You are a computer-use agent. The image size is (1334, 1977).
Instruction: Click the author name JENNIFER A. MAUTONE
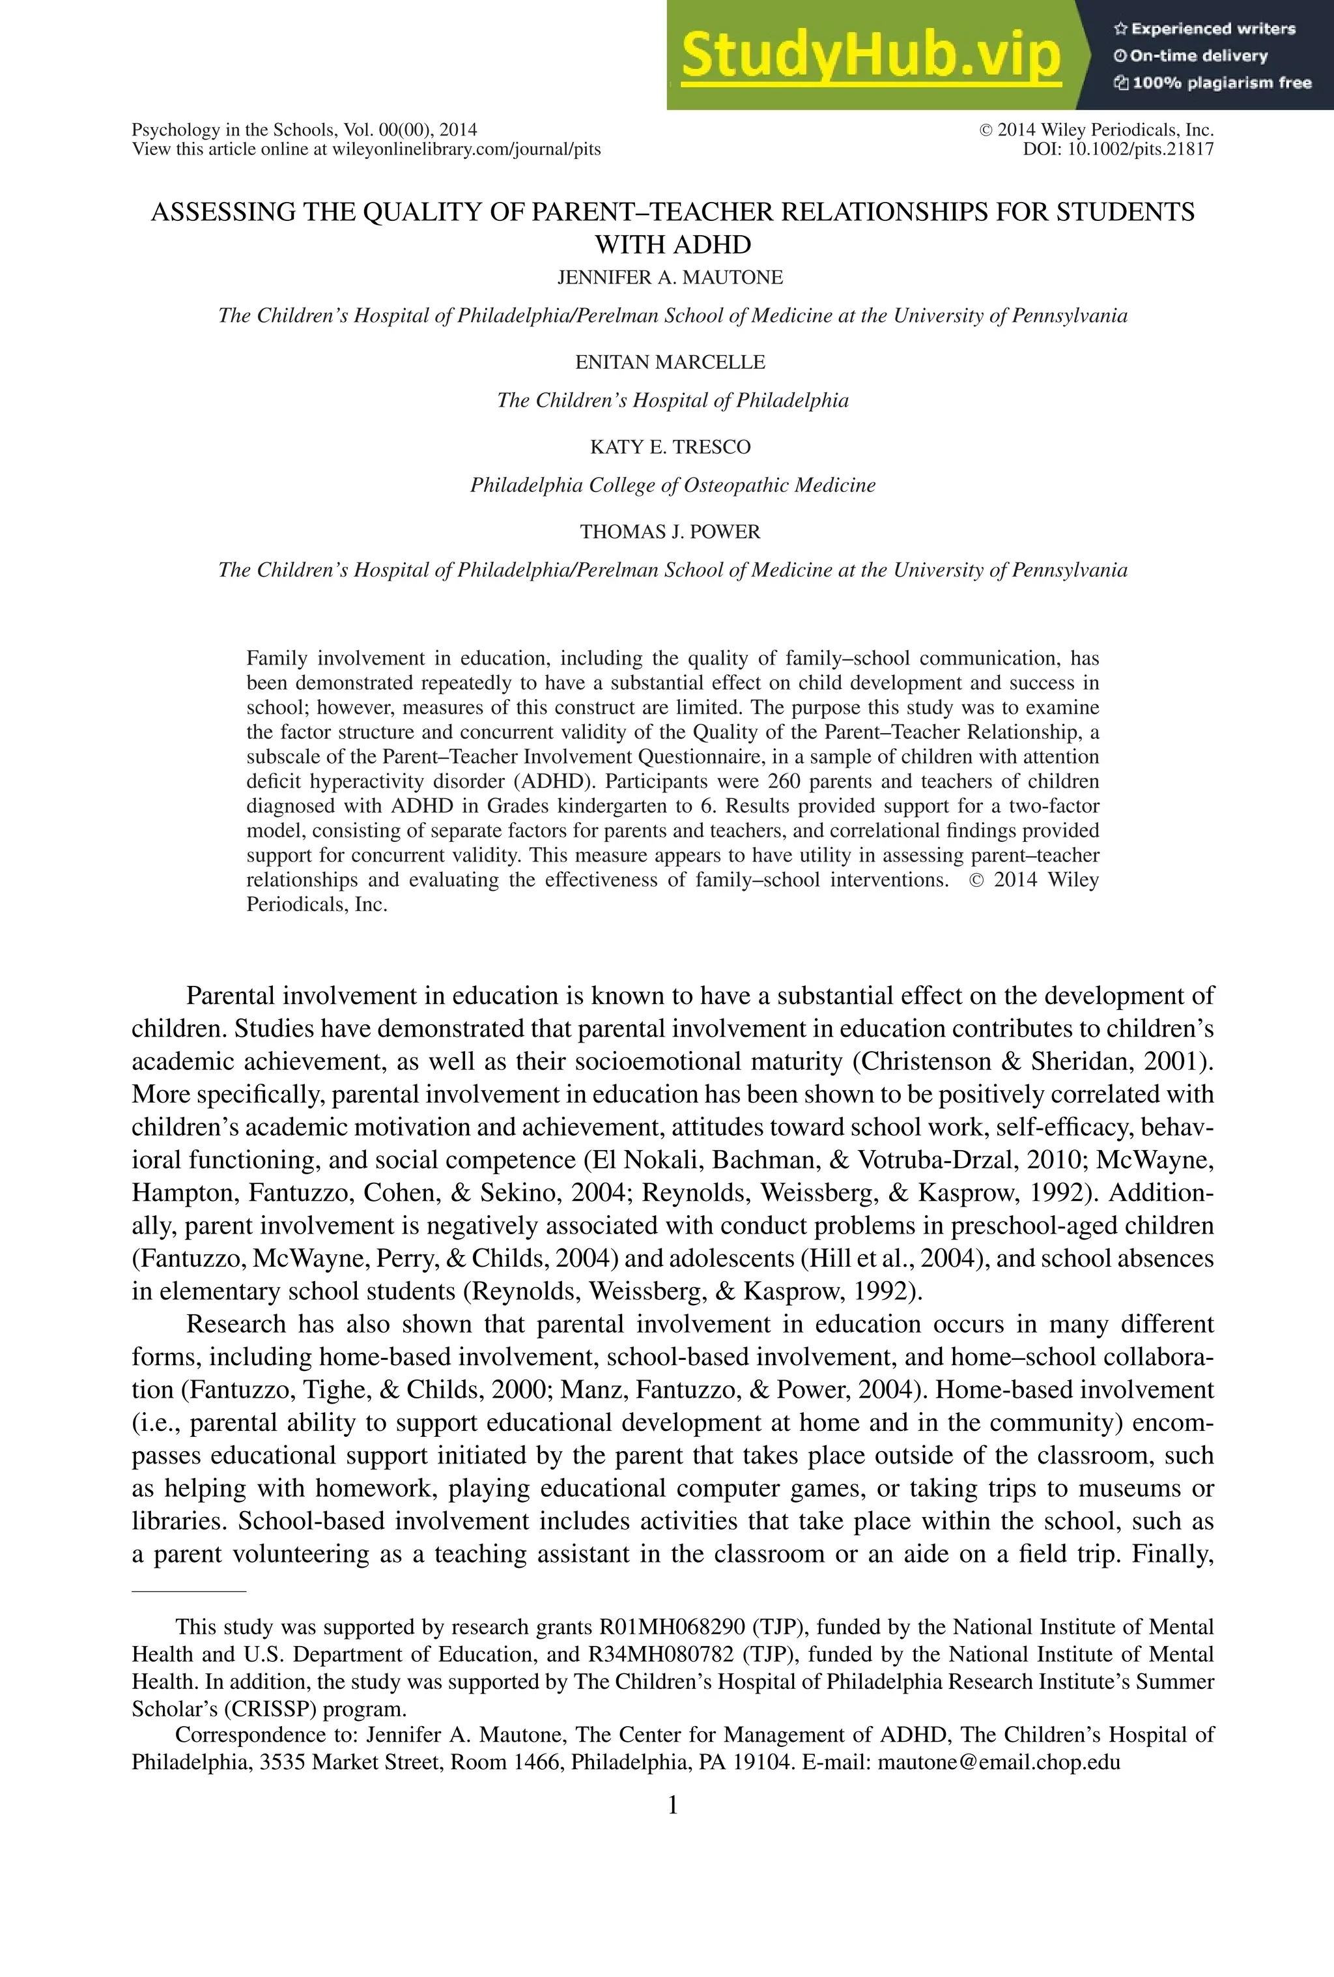coord(670,278)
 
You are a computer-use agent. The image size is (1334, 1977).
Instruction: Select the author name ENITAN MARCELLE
coord(670,362)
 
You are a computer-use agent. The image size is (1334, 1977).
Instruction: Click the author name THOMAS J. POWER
coord(670,532)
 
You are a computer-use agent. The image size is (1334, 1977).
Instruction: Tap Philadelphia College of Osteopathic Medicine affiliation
coord(672,485)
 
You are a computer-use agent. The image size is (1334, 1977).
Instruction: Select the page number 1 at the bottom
coord(672,1804)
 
